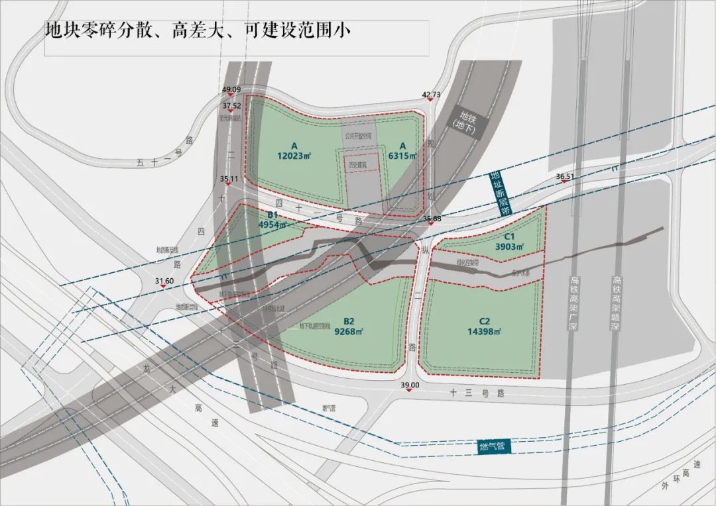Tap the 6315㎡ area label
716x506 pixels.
pos(402,156)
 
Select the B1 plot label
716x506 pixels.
pos(272,215)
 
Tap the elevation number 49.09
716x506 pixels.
pos(231,89)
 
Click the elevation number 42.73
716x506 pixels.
pos(431,95)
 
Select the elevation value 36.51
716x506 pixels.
pos(565,177)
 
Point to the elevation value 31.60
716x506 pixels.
pos(164,281)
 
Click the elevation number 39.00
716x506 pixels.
pos(410,385)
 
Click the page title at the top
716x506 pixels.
pos(197,30)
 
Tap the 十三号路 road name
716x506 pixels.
pos(477,393)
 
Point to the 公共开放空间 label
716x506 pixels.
pos(359,134)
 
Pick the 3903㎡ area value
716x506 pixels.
pos(509,247)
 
